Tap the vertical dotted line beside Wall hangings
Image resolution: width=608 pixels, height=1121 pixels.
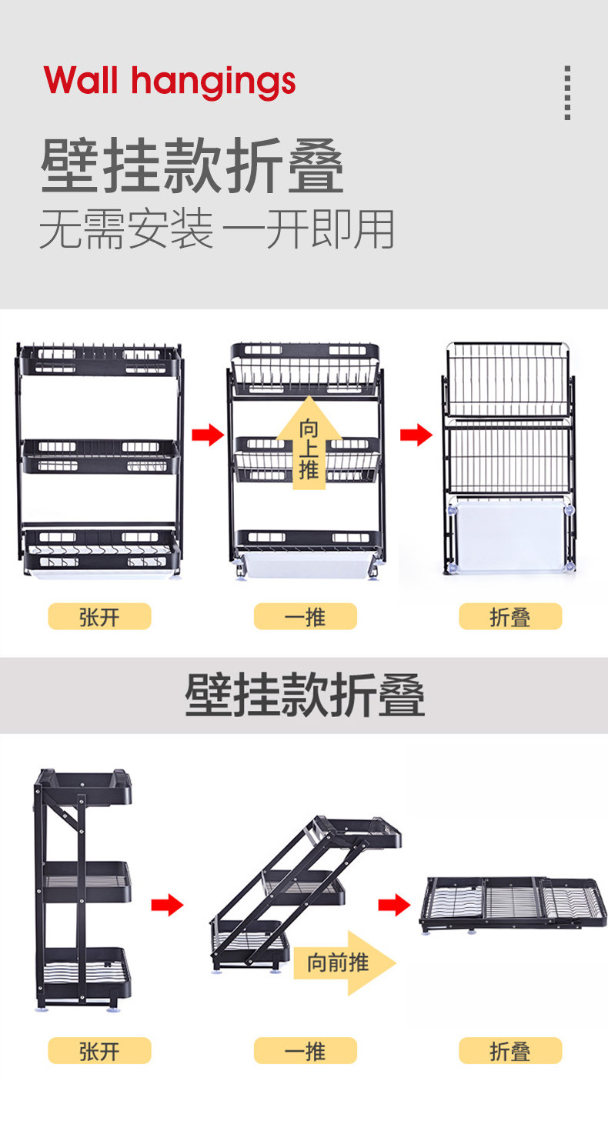(567, 92)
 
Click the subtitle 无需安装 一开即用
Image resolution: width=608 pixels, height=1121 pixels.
(217, 229)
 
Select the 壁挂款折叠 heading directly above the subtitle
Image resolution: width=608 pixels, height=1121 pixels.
(192, 166)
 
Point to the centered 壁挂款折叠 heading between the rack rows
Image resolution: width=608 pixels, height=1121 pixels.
(305, 696)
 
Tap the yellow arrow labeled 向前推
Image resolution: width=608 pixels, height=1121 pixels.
(343, 962)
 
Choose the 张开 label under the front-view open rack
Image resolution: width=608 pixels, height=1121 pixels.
(99, 616)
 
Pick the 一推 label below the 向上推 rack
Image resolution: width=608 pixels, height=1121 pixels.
(306, 616)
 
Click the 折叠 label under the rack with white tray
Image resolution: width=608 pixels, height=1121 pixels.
(510, 616)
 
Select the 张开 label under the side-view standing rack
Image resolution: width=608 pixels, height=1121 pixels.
(99, 1050)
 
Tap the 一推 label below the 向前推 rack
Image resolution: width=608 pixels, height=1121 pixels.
(306, 1050)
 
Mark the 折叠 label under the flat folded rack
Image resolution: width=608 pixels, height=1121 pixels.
(510, 1050)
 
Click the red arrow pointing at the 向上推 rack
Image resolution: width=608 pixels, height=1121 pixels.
(207, 435)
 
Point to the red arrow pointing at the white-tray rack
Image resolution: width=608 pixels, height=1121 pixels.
(416, 435)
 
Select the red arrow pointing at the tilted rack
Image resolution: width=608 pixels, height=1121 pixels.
(167, 905)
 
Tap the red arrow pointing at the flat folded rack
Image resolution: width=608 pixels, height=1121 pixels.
(394, 905)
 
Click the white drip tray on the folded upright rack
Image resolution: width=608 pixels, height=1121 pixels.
(510, 534)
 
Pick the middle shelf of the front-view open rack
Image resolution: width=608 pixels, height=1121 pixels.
(100, 456)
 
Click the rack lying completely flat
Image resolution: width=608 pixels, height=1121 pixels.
(512, 903)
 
